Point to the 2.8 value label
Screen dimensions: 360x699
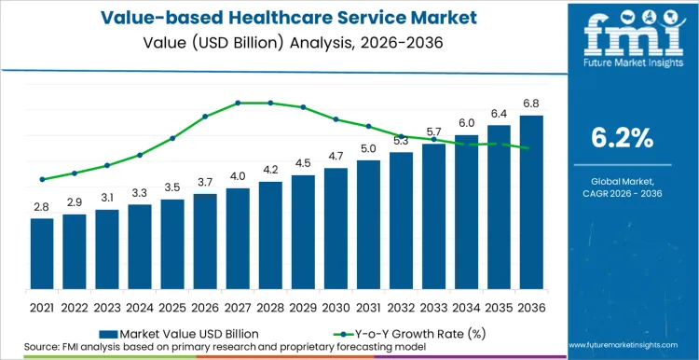[41, 207]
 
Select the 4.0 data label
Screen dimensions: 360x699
[238, 176]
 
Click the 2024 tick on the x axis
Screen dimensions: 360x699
[139, 306]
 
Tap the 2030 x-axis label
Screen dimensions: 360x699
[336, 306]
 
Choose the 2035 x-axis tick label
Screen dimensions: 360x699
[499, 306]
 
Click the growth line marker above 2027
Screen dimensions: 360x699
[238, 103]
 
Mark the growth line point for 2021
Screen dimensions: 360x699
[41, 179]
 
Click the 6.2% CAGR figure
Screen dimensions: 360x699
[622, 138]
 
